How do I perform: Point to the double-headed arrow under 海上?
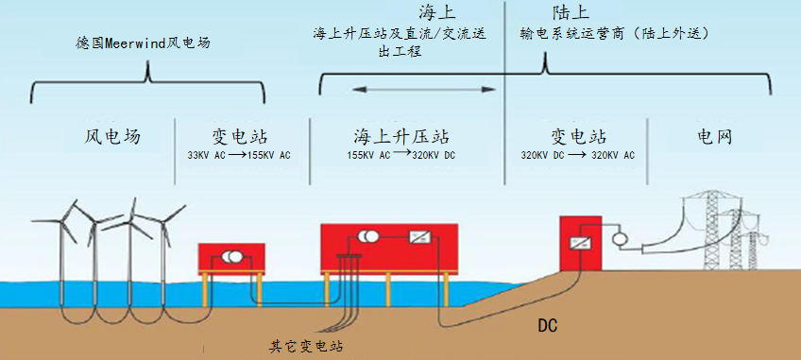pos(424,90)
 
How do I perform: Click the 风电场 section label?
pos(112,136)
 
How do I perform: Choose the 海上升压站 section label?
pos(401,136)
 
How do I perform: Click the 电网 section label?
pos(715,136)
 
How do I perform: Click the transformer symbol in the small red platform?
pos(232,257)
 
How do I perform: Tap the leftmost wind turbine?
pos(67,231)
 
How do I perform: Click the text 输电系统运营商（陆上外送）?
pos(615,33)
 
